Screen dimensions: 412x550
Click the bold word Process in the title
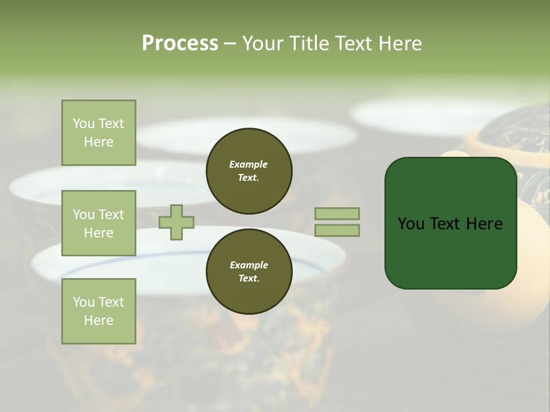180,43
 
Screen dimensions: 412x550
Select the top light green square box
99,133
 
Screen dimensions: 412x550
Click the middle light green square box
99,223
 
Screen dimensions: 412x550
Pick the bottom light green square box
99,311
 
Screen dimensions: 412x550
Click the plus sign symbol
176,222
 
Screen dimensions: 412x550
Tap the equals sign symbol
337,222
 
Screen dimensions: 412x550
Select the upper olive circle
249,171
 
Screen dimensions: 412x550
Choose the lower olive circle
249,272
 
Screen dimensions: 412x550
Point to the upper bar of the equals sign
337,213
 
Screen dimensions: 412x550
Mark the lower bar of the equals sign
337,231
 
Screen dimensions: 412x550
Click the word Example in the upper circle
249,164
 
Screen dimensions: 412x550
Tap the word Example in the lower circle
249,265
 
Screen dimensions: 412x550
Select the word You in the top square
83,124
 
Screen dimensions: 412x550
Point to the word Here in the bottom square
99,320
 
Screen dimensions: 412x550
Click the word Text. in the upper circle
249,177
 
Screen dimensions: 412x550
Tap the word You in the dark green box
411,224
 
